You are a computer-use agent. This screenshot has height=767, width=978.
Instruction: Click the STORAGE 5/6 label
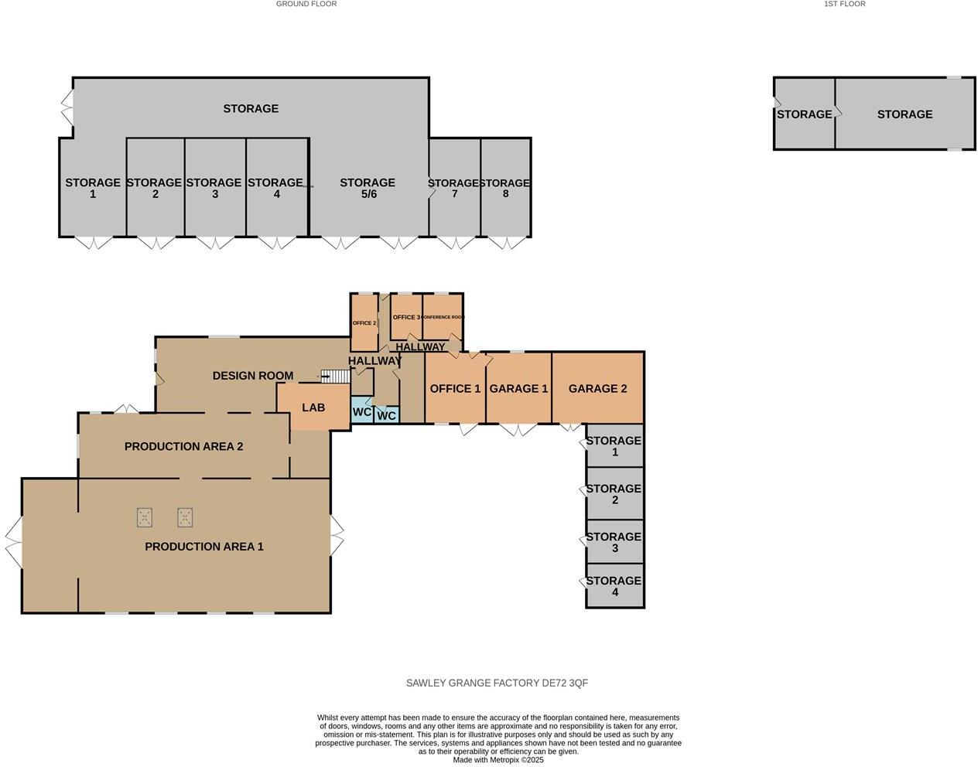coord(368,188)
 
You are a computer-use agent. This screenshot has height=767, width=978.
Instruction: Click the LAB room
coord(313,407)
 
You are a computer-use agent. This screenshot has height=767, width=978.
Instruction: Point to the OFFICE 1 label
coord(455,388)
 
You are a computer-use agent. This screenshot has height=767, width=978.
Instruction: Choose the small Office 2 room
coord(364,322)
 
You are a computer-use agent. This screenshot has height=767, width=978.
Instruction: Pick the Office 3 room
coord(406,317)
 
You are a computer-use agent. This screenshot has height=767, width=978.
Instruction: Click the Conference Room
coord(443,317)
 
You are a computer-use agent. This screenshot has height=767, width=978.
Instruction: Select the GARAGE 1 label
coord(518,388)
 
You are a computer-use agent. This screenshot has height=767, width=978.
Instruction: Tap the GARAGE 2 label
coord(597,388)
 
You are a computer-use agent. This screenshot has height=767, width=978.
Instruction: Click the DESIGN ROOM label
coord(253,376)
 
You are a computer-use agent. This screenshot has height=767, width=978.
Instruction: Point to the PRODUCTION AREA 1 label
coord(204,547)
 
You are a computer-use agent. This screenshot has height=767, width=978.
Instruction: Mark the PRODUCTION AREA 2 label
coord(184,446)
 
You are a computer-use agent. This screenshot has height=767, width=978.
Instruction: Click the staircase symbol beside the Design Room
coord(336,377)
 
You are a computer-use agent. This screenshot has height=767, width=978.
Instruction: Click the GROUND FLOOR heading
coord(306,4)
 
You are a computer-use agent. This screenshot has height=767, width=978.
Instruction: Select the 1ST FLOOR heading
coord(844,4)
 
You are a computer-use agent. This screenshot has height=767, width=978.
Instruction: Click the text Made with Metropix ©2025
coord(498,760)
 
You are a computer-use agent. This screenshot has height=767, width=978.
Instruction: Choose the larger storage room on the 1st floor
coord(904,114)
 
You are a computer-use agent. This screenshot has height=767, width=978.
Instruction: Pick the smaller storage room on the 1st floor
coord(804,114)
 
